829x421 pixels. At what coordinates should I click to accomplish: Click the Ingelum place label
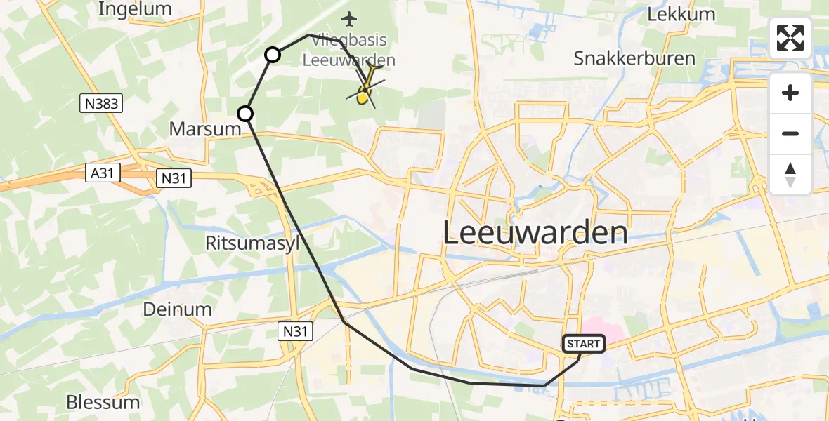(135, 9)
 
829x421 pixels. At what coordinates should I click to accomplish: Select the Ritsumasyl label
(252, 243)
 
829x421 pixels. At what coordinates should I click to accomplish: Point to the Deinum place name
(177, 309)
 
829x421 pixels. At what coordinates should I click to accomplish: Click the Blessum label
(103, 402)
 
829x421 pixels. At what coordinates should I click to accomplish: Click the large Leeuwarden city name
(535, 232)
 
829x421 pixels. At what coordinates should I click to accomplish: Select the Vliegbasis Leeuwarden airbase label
(348, 51)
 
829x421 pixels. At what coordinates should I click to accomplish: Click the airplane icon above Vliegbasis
(348, 18)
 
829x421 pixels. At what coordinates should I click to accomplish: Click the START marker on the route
(583, 344)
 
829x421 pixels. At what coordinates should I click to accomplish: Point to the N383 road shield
(101, 104)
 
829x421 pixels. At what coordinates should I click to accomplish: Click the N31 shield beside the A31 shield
(173, 179)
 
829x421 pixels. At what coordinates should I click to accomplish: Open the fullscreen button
(790, 38)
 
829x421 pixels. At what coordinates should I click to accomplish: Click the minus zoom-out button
(790, 133)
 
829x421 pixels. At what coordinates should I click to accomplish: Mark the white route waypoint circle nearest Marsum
(244, 113)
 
